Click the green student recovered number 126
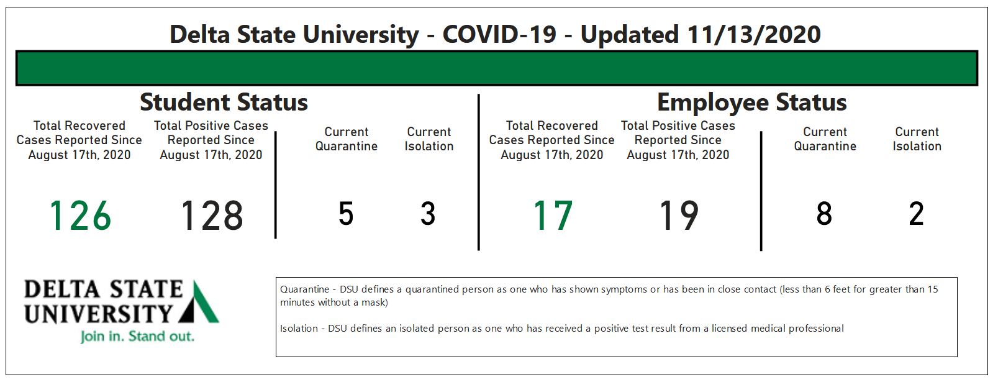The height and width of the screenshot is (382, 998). point(80,216)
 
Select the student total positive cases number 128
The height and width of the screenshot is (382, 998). point(212,216)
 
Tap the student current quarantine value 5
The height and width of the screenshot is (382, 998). point(346,214)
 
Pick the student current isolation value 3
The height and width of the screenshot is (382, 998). point(428,214)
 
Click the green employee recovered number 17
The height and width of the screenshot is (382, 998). point(553,216)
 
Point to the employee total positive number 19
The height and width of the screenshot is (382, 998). point(679,216)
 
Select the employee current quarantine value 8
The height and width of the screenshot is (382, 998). point(824,214)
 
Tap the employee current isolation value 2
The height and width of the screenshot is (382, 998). point(917,214)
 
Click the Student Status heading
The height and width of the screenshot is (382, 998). point(224,102)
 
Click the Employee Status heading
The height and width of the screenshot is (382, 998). point(751,102)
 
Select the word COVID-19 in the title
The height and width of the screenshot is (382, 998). point(499,34)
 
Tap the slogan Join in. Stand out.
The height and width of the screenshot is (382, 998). point(137,336)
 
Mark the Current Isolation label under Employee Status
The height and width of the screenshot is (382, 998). point(917,139)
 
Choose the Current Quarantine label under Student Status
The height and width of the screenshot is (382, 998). point(346,139)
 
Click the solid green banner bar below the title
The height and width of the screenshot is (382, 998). point(497,68)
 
